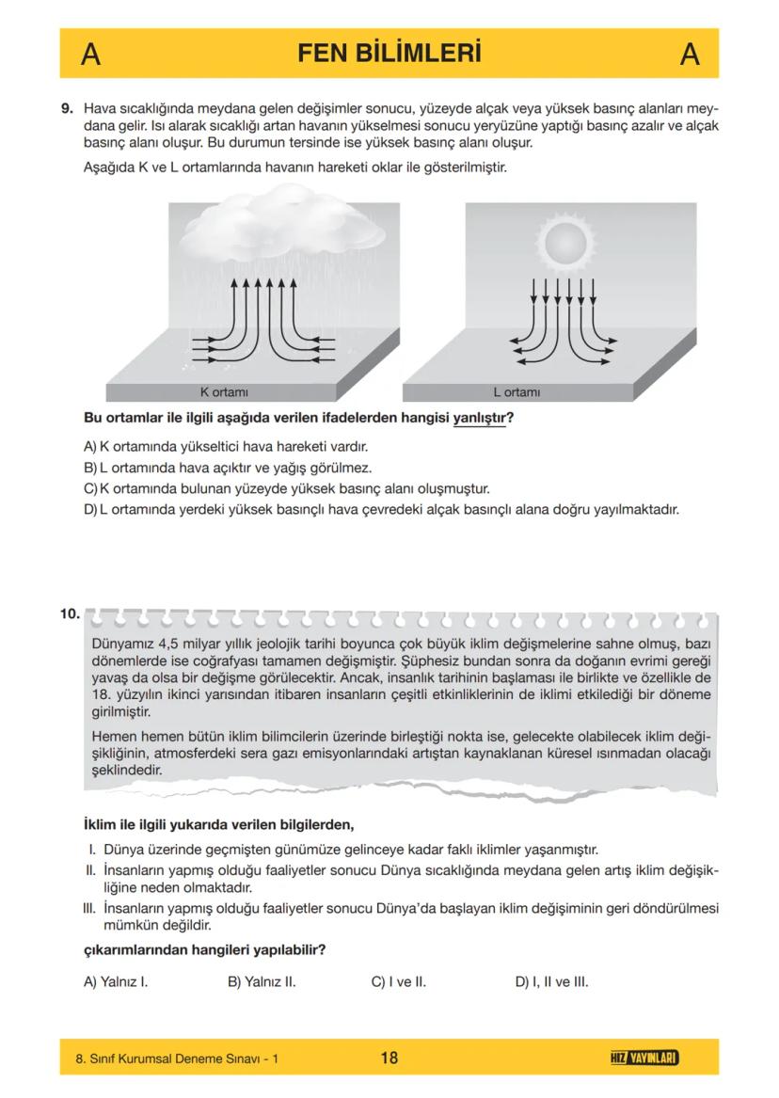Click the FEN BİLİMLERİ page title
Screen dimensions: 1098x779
point(389,54)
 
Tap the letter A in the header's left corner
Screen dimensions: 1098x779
point(90,55)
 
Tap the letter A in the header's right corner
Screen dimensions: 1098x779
point(689,55)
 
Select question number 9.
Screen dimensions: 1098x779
point(68,109)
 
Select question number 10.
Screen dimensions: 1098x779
point(70,614)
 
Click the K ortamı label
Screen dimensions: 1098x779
point(224,390)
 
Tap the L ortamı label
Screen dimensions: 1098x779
point(517,390)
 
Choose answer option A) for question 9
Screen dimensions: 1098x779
point(91,446)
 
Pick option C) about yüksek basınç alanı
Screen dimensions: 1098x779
point(91,489)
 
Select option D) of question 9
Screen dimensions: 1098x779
point(91,511)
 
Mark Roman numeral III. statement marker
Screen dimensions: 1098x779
point(90,909)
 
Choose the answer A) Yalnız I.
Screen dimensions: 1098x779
point(117,981)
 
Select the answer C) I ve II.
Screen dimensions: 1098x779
point(399,981)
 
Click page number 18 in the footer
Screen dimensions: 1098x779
point(389,1058)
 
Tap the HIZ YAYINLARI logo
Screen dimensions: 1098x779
point(644,1058)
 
